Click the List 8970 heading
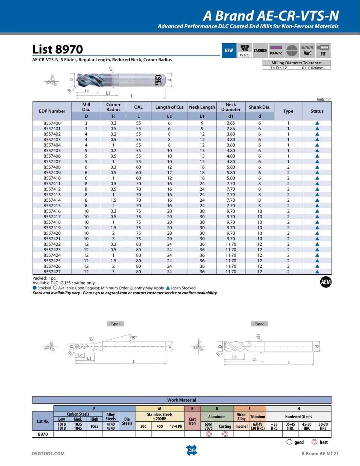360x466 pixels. (x=57, y=49)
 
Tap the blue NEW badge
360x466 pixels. (x=229, y=50)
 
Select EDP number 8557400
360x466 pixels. (x=52, y=123)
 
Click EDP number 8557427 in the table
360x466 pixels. (x=52, y=272)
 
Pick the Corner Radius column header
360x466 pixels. (x=113, y=107)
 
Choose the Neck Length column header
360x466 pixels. (x=202, y=107)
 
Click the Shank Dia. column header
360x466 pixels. (x=259, y=107)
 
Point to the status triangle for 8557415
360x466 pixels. (x=317, y=206)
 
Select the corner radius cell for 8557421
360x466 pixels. (x=113, y=239)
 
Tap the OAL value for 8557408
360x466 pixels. (x=138, y=167)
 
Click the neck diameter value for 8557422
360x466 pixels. (x=231, y=244)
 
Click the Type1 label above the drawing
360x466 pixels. (x=115, y=324)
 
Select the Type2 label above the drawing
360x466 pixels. (x=259, y=324)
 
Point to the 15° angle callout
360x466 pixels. (x=134, y=338)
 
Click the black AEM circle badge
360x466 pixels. (x=325, y=282)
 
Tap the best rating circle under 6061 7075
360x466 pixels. (x=209, y=434)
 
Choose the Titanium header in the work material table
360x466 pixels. (x=258, y=416)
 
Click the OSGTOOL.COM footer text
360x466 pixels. (x=48, y=453)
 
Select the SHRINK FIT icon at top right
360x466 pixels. (x=323, y=50)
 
